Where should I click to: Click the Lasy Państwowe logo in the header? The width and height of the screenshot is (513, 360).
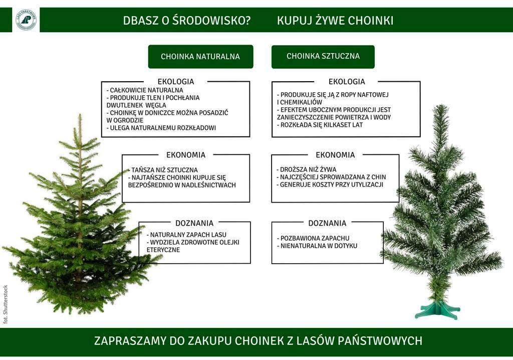(x=26, y=20)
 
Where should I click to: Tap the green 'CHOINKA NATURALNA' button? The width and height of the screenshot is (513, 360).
(x=200, y=57)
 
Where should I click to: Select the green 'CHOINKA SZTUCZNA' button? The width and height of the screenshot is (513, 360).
(x=323, y=56)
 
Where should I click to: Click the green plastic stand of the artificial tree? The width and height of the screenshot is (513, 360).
(x=437, y=310)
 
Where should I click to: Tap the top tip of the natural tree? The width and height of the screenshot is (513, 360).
(x=80, y=117)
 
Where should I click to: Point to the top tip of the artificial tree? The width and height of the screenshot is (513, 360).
(x=441, y=107)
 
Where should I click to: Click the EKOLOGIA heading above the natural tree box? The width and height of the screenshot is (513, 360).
(x=175, y=82)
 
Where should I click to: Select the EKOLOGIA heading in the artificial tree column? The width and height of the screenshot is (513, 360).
(x=347, y=82)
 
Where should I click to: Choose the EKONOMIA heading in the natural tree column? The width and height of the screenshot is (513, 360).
(x=185, y=155)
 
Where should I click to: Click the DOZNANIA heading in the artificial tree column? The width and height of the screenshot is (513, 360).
(x=327, y=223)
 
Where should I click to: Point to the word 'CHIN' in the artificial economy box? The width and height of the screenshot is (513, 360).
(x=378, y=177)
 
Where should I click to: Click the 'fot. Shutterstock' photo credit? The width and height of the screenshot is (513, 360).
(x=6, y=304)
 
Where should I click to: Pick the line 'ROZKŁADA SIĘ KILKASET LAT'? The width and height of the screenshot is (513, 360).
(x=321, y=125)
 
